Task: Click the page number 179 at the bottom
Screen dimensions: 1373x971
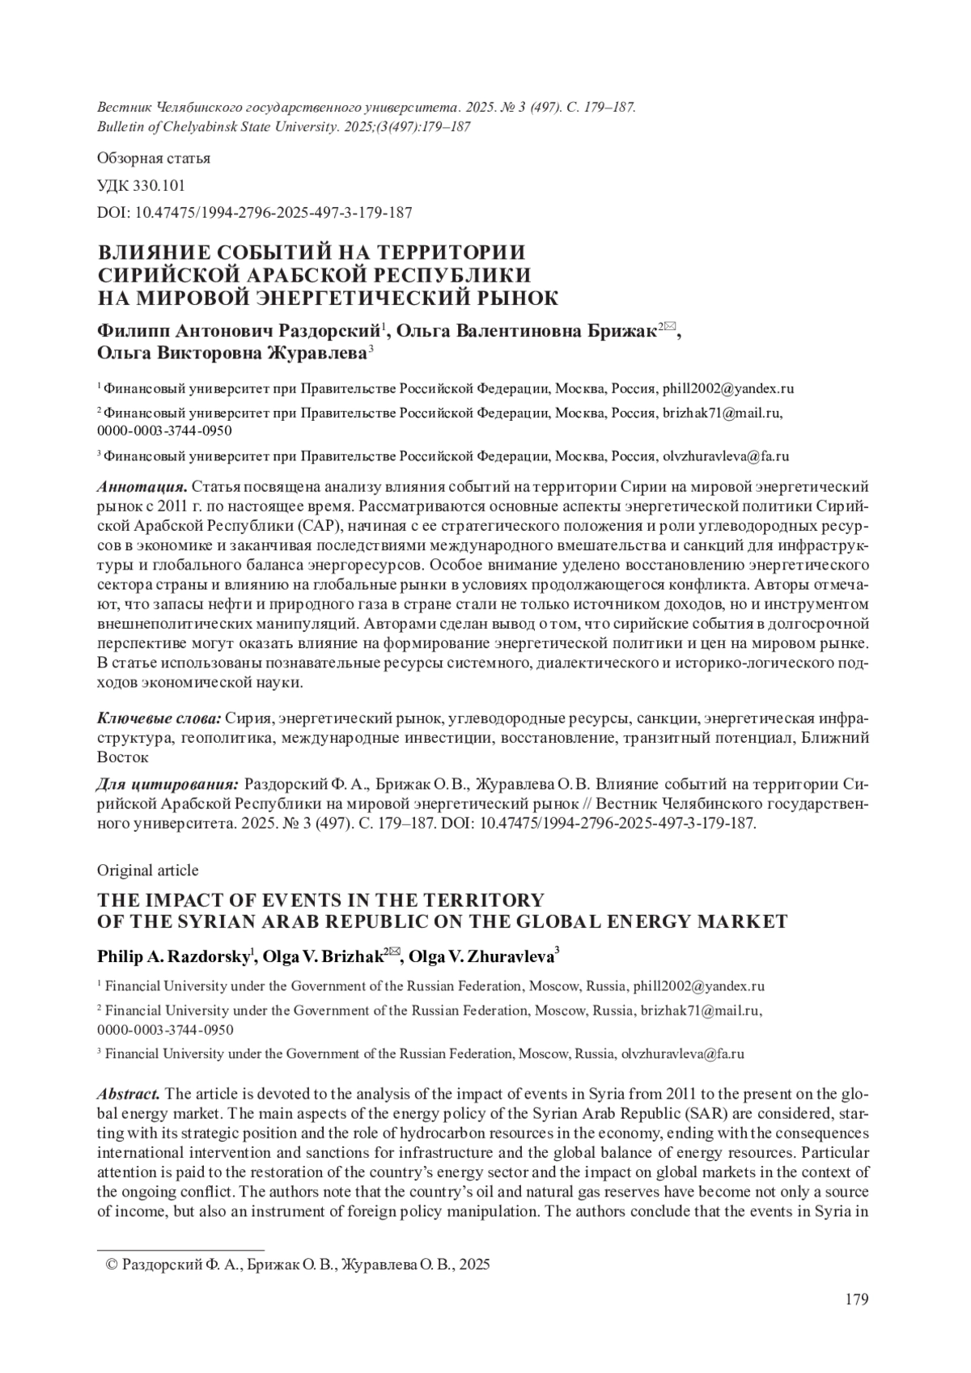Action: [856, 1300]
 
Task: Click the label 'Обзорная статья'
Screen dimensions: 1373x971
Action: [154, 158]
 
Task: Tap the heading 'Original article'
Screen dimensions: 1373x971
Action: [147, 870]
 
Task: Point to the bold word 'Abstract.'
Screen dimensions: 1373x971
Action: [128, 1094]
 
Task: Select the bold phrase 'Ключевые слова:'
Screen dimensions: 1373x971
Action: [159, 718]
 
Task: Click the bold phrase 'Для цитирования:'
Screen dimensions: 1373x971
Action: [167, 785]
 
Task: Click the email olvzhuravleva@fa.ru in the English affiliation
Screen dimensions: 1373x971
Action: [681, 1053]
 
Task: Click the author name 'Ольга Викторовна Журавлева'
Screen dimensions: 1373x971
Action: [231, 353]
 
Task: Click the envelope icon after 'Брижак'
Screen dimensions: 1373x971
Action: [670, 327]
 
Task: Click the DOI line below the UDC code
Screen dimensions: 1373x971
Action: [255, 213]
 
